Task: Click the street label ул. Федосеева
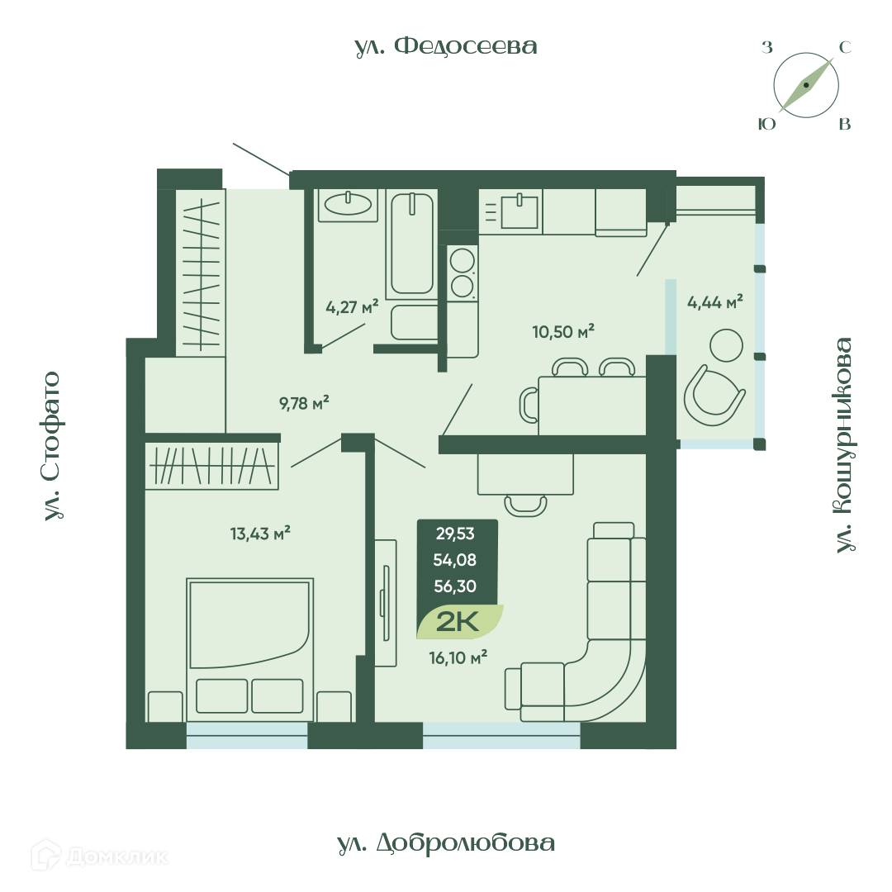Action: tap(446, 46)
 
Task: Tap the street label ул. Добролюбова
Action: tap(446, 843)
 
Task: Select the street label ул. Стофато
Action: tap(52, 446)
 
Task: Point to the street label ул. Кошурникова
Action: tap(844, 445)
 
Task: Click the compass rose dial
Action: tap(806, 85)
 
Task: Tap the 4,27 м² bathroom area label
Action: tap(352, 308)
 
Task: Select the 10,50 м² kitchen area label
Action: tap(563, 331)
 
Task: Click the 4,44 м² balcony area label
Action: tap(715, 302)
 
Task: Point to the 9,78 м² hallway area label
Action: tap(304, 403)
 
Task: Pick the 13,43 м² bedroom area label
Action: tap(260, 534)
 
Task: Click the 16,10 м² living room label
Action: tap(458, 658)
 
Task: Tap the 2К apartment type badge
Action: tap(458, 623)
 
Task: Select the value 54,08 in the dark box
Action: tap(454, 560)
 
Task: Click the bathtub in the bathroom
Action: tap(412, 244)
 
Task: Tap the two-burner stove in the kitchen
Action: tap(462, 273)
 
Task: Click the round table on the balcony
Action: tap(727, 345)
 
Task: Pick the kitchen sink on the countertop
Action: tap(520, 211)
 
